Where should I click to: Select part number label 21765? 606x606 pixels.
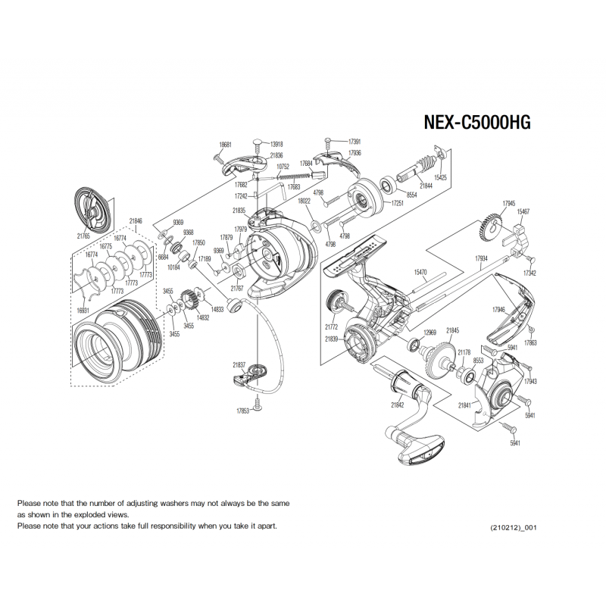coord(83,236)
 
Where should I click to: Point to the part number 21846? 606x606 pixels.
coord(136,221)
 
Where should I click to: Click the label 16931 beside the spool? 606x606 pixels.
coord(83,311)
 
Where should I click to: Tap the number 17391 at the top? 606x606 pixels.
coord(354,142)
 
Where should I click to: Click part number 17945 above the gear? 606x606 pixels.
coord(508,203)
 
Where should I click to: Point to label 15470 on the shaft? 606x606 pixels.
coord(421,271)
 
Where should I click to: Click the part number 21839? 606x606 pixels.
coord(331,339)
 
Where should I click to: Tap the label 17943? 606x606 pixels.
coord(530,382)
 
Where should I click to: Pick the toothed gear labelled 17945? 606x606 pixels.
coord(491,227)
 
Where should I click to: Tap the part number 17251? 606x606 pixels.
coord(397,204)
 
